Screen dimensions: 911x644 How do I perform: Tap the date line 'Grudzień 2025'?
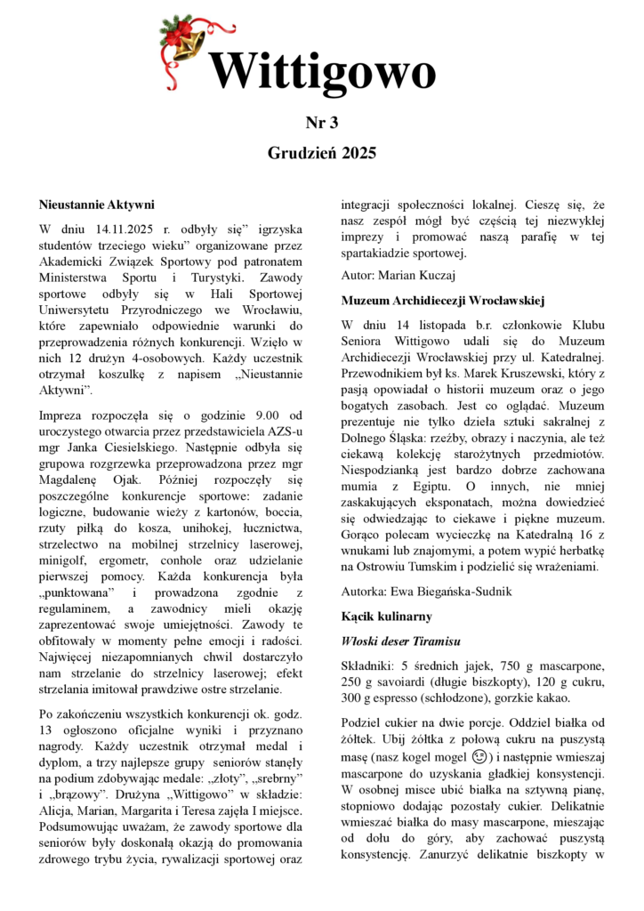(321, 152)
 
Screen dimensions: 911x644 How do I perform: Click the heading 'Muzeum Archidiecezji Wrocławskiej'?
(442, 301)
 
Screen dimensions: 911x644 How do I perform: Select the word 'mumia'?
(362, 487)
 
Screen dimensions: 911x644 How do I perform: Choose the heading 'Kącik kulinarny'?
(386, 616)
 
